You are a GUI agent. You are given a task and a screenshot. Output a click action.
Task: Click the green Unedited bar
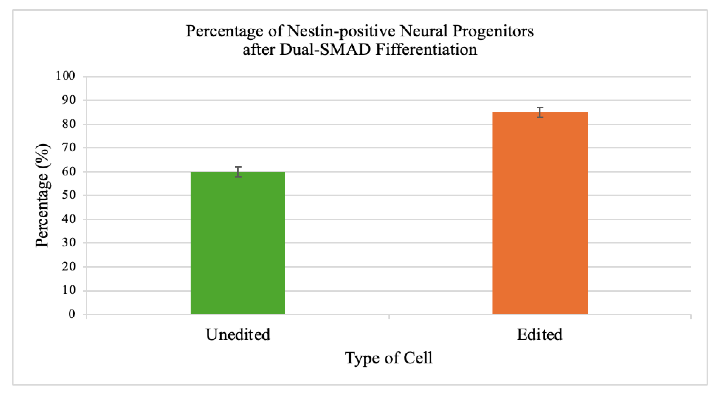tap(238, 243)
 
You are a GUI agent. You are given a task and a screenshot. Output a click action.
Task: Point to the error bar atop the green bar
tap(238, 172)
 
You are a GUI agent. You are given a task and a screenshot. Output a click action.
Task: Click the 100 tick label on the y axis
tap(65, 76)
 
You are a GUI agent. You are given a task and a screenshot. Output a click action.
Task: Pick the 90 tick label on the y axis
tap(68, 100)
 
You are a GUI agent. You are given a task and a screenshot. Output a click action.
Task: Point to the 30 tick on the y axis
tap(68, 243)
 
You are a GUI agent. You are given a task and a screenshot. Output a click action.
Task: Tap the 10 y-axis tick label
tap(68, 290)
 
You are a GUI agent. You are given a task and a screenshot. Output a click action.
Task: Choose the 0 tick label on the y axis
tap(72, 314)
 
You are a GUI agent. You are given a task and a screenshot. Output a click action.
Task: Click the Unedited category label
tap(238, 334)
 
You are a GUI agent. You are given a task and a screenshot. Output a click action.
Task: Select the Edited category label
tap(539, 334)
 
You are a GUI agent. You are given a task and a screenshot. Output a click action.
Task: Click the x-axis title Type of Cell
tap(389, 358)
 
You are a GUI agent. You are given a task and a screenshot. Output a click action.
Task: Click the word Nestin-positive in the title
tap(341, 31)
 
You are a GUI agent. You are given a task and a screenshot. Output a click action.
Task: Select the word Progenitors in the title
tap(493, 31)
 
